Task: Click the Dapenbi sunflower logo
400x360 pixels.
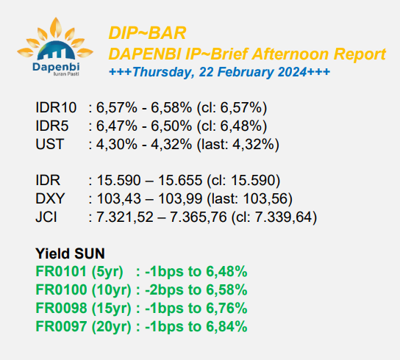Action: [x=55, y=47]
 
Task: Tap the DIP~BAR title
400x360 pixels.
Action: [x=148, y=33]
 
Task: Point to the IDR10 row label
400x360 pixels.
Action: [x=56, y=107]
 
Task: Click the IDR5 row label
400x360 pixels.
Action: [x=52, y=126]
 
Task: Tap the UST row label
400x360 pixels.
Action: [x=49, y=144]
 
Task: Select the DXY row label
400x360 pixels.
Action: [x=50, y=198]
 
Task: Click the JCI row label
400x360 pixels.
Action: [x=46, y=217]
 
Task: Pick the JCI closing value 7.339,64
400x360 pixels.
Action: [x=283, y=217]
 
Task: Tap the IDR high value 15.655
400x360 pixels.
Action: [x=180, y=180]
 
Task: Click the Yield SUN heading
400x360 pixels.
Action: [x=70, y=253]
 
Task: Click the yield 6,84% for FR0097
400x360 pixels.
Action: [x=226, y=327]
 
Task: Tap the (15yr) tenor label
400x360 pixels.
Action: [x=111, y=309]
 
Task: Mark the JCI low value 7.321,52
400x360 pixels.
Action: [x=125, y=217]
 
